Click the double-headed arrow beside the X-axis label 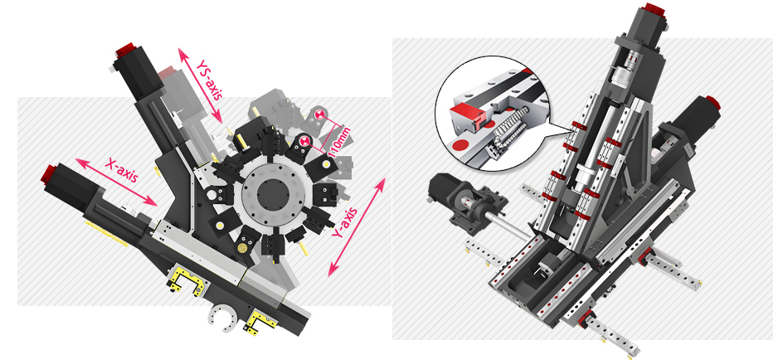(x=116, y=182)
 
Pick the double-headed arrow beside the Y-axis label (x=357, y=226)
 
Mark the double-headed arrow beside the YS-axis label (x=200, y=85)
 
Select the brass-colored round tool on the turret (x=243, y=247)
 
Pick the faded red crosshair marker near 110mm (x=318, y=114)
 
